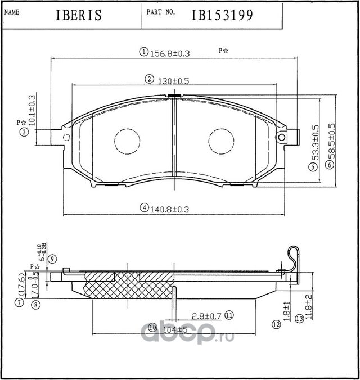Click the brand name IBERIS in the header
pyautogui.click(x=79, y=15)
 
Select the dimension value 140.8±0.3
pyautogui.click(x=169, y=209)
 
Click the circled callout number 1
pyautogui.click(x=143, y=53)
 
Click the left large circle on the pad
pyautogui.click(x=127, y=141)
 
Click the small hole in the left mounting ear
pyautogui.click(x=66, y=138)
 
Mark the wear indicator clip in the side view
pyautogui.click(x=293, y=259)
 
